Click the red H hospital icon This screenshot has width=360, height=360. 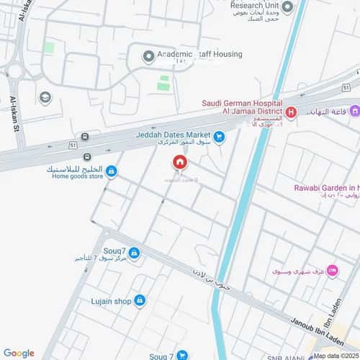(292, 112)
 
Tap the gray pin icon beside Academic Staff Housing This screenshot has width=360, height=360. (149, 55)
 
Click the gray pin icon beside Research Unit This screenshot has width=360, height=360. (287, 8)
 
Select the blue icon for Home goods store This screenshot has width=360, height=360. (112, 171)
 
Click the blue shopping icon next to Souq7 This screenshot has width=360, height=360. (134, 252)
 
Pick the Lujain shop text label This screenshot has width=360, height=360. (111, 300)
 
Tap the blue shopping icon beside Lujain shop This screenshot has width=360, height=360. (140, 300)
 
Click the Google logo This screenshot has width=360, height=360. (19, 353)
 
